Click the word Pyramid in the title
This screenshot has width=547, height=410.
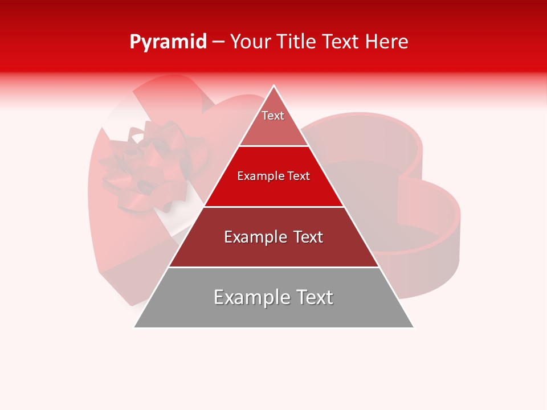[168, 42]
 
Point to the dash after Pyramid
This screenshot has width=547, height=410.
[218, 42]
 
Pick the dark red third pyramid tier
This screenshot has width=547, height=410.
[273, 251]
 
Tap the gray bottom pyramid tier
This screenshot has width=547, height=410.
[273, 313]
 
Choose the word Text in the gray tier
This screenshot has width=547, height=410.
[312, 297]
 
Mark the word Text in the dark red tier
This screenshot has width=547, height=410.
[306, 237]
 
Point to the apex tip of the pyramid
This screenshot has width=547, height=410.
[274, 87]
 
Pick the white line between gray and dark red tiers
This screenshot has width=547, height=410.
[273, 267]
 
